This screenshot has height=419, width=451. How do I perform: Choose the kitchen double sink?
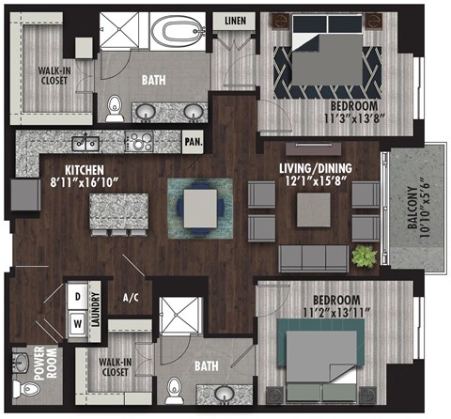(x=86, y=143)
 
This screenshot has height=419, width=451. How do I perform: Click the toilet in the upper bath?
(x=116, y=106)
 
